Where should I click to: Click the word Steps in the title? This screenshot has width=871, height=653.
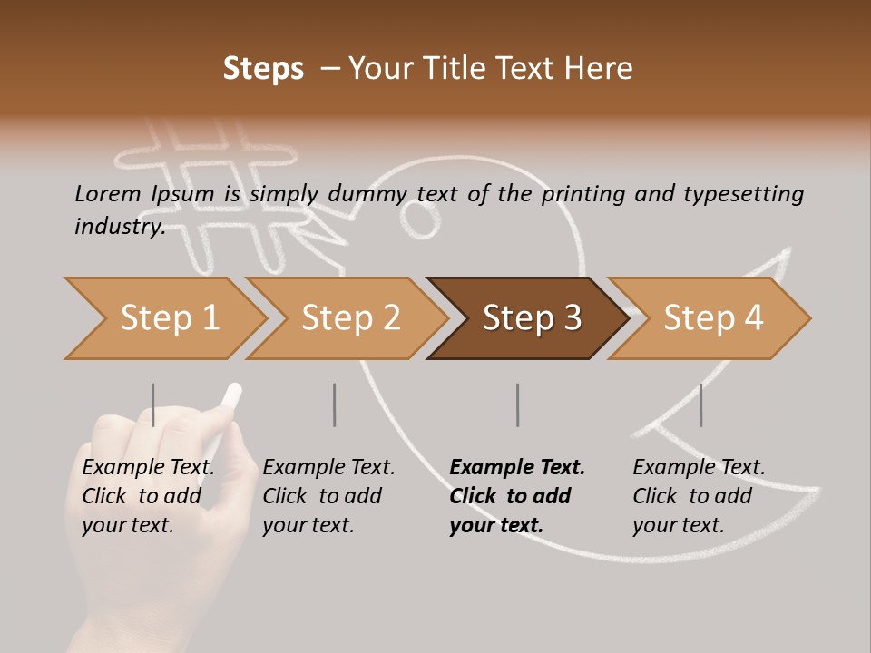(263, 69)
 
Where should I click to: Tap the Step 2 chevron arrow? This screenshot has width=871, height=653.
(348, 318)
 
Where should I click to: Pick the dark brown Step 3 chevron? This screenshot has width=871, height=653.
(530, 318)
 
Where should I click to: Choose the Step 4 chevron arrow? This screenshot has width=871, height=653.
(711, 318)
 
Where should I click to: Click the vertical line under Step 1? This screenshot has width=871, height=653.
(153, 404)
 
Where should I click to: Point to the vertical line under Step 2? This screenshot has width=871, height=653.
(335, 404)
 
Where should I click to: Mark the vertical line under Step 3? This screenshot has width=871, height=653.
(518, 404)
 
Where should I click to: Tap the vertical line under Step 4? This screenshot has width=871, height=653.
(700, 404)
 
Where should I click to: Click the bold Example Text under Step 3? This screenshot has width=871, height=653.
(517, 496)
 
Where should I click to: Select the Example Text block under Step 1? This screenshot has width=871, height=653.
(148, 496)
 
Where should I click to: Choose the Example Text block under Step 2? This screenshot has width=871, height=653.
(328, 496)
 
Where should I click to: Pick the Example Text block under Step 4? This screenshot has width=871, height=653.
(699, 496)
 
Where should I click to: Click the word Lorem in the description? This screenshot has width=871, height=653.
(107, 193)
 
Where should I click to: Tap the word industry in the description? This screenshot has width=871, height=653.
(119, 227)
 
